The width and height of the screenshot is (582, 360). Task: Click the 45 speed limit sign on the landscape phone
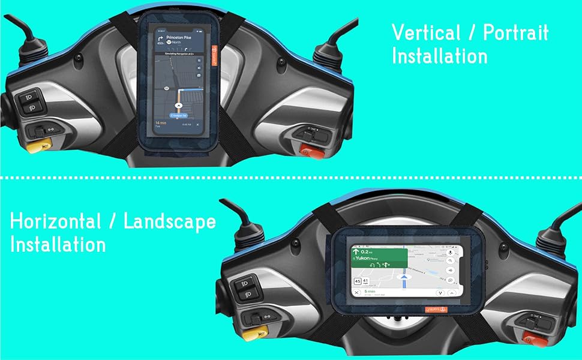click(358, 281)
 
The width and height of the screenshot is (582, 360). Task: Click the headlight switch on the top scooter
click(30, 103)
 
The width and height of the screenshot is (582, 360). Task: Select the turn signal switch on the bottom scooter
click(259, 317)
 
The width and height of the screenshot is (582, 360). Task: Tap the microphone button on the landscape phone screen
click(450, 253)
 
